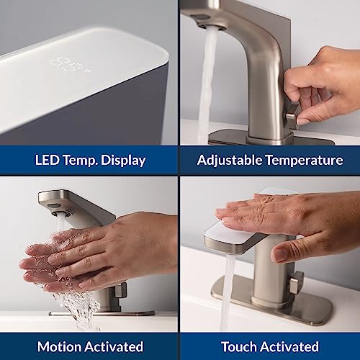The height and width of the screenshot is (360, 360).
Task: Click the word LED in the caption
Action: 48,160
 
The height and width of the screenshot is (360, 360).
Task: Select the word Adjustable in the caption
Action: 229,160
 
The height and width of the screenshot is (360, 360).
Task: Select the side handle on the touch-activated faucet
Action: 295,282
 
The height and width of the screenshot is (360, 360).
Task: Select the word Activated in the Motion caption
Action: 116,346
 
